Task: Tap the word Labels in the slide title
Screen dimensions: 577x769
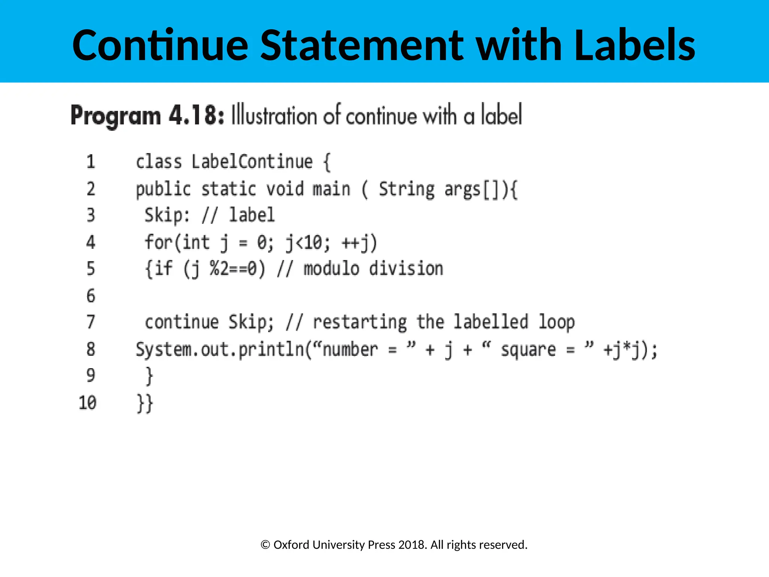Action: tap(635, 45)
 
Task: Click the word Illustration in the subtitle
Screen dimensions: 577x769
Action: tap(274, 115)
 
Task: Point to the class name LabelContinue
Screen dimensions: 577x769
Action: tap(252, 162)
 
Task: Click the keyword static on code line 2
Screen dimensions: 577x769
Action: tap(229, 189)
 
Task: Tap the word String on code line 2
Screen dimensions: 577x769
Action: tap(407, 189)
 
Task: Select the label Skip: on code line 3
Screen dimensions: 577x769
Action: tap(167, 216)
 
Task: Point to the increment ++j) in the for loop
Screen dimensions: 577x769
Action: tap(359, 243)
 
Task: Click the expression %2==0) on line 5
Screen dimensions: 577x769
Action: tap(237, 269)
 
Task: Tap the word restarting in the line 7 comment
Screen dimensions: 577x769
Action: tap(360, 322)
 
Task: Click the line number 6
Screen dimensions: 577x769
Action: tap(91, 296)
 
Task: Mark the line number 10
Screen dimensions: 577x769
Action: tap(87, 403)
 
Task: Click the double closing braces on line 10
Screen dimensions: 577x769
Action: tap(145, 403)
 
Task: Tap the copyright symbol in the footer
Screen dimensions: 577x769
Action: tap(265, 545)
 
